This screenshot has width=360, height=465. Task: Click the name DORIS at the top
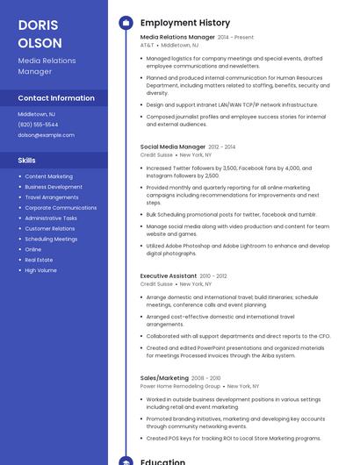[x=39, y=25]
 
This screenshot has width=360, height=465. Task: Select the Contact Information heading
[x=56, y=98]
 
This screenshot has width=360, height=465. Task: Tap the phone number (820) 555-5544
[x=38, y=125]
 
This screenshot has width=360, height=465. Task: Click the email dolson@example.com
[x=46, y=135]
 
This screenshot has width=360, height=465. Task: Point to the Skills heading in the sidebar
[x=27, y=161]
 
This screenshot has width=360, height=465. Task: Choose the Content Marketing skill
[x=48, y=176]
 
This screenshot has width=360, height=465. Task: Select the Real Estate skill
[x=39, y=260]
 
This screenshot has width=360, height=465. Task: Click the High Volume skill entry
[x=40, y=270]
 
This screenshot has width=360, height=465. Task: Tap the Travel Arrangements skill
[x=51, y=197]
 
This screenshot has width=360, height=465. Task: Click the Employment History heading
[x=184, y=23]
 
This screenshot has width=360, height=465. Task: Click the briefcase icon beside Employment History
[x=126, y=23]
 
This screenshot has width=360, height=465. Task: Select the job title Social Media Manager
[x=172, y=147]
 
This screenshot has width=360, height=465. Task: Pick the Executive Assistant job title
[x=169, y=275]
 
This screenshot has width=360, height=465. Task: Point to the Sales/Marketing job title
[x=164, y=377]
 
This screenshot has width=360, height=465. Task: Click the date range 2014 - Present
[x=235, y=38]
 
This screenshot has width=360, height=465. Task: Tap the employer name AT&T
[x=147, y=45]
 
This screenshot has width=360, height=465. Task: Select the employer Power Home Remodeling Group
[x=180, y=385]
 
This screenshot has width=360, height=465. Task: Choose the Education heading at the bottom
[x=162, y=460]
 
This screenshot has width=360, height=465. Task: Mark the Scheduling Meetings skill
[x=51, y=239]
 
